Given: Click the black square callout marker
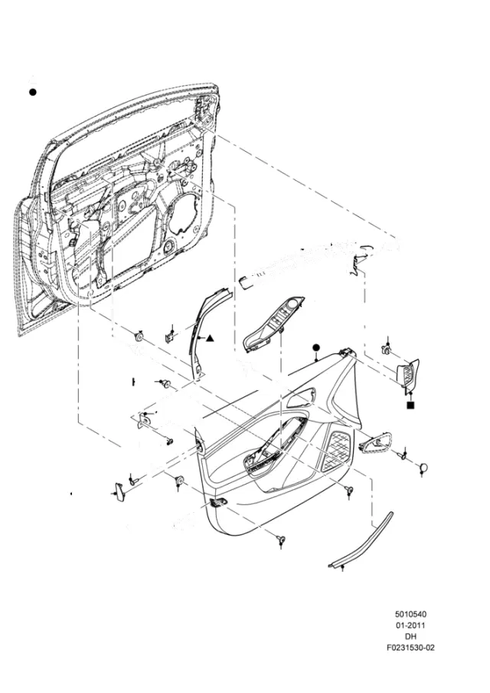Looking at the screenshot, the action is point(410,405).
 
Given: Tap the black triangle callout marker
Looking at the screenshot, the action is point(210,339).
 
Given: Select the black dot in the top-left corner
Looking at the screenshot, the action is point(32,92).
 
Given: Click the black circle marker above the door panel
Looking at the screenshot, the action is point(315,347).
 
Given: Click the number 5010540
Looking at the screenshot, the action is point(410,614).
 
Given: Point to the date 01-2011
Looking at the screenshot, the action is point(410,625).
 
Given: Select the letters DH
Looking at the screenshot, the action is point(410,636).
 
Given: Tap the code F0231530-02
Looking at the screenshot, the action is point(410,648).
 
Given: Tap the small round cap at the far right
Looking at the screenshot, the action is point(424,468).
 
